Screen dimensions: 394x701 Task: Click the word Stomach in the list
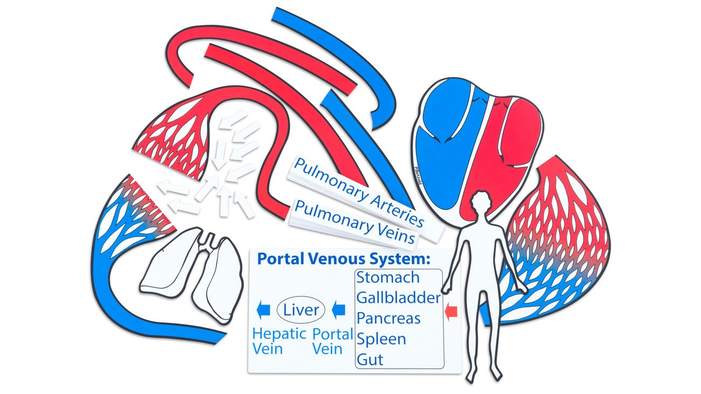pyautogui.click(x=388, y=278)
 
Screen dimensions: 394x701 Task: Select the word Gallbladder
pyautogui.click(x=398, y=298)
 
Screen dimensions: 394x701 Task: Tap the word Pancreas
pyautogui.click(x=388, y=318)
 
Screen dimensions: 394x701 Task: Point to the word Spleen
pyautogui.click(x=381, y=339)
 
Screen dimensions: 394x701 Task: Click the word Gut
pyautogui.click(x=370, y=360)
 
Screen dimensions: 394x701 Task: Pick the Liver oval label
pyautogui.click(x=301, y=310)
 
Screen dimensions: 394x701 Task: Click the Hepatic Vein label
pyautogui.click(x=279, y=341)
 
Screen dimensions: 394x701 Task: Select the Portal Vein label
pyautogui.click(x=332, y=341)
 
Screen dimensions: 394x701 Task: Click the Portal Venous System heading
pyautogui.click(x=343, y=259)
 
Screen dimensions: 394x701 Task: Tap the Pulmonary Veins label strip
pyautogui.click(x=356, y=222)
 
